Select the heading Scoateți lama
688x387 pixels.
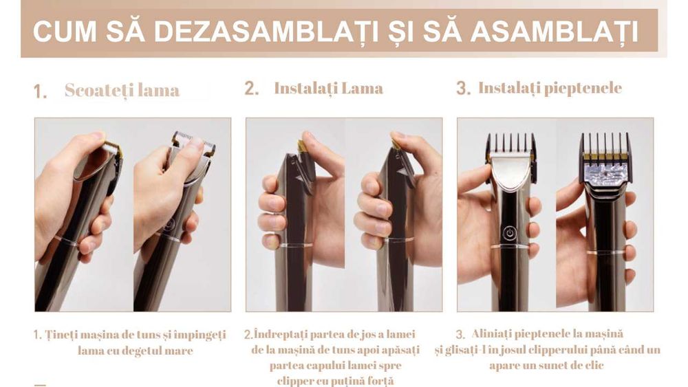[122, 90]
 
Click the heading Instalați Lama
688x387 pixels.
[329, 88]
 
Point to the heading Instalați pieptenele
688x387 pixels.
[550, 88]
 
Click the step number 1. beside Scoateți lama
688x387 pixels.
[40, 92]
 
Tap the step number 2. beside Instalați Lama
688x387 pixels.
[252, 89]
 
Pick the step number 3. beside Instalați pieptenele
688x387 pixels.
[463, 88]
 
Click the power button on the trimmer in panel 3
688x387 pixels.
[509, 233]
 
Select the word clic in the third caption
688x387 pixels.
[595, 365]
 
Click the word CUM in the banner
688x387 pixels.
[65, 32]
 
